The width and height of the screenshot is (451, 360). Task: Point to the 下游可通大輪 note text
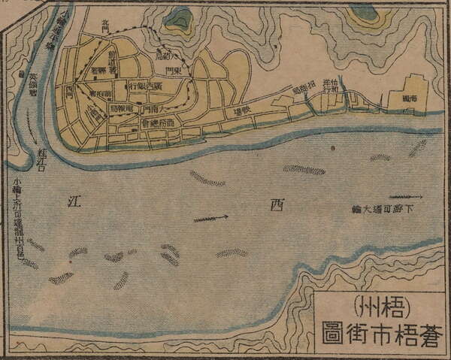387,208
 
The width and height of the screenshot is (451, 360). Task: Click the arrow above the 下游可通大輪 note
405,197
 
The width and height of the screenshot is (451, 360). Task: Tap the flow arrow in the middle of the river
210,219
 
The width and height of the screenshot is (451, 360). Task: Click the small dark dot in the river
331,148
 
